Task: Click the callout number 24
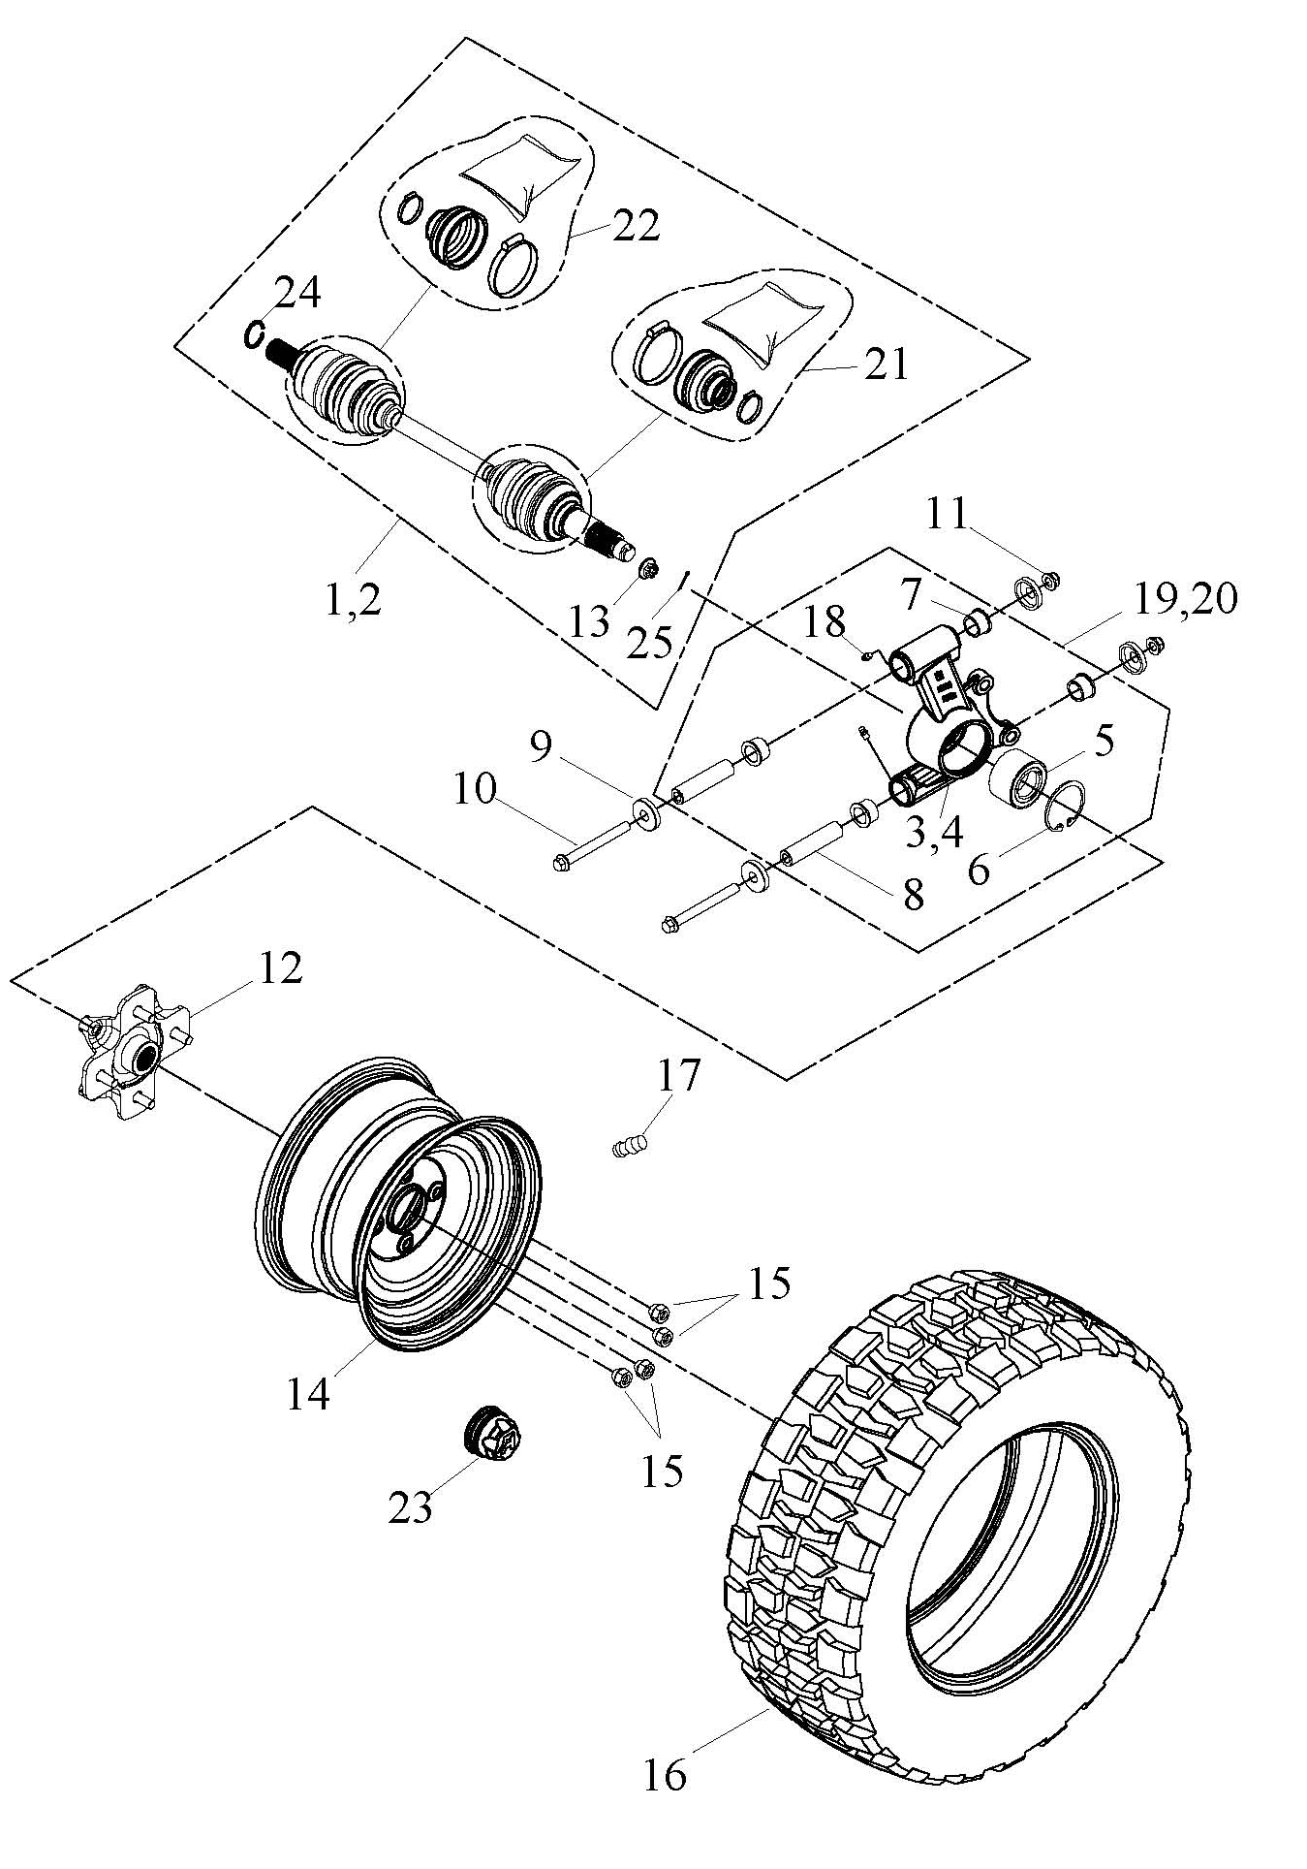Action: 298,294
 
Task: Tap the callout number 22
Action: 635,225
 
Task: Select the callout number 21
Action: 885,364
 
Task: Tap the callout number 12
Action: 279,968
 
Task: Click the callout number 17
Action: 679,1075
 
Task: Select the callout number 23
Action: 410,1507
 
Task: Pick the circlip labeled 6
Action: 1068,806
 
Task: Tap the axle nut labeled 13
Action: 648,568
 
